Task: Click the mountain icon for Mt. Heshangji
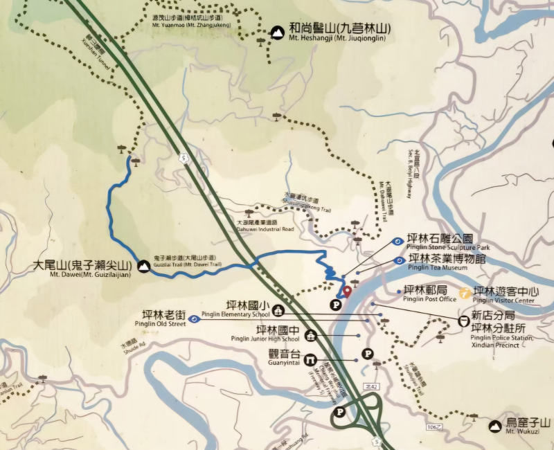[277, 31]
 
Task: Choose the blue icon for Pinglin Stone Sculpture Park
[397, 242]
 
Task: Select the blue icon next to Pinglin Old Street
[195, 319]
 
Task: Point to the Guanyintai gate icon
[311, 359]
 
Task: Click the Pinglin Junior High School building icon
[311, 336]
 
